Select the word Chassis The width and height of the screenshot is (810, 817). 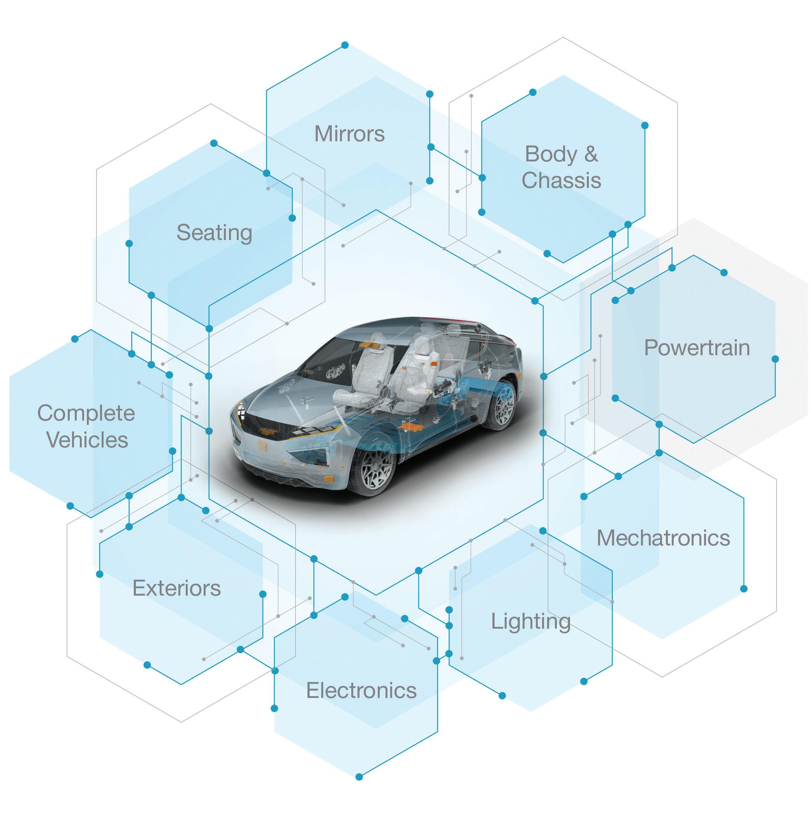[x=561, y=180]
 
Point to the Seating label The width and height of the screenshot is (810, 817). [x=214, y=233]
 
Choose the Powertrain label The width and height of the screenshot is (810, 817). [x=697, y=348]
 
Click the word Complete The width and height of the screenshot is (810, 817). [x=86, y=413]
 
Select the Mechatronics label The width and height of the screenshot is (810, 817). [x=663, y=538]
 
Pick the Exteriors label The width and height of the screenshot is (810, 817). [x=176, y=588]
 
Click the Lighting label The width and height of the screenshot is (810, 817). [x=531, y=622]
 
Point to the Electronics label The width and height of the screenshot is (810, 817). [x=361, y=691]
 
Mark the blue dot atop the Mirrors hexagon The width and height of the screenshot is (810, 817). [x=345, y=45]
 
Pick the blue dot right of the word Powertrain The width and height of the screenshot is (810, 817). [x=775, y=359]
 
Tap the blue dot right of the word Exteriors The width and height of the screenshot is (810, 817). [x=262, y=594]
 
